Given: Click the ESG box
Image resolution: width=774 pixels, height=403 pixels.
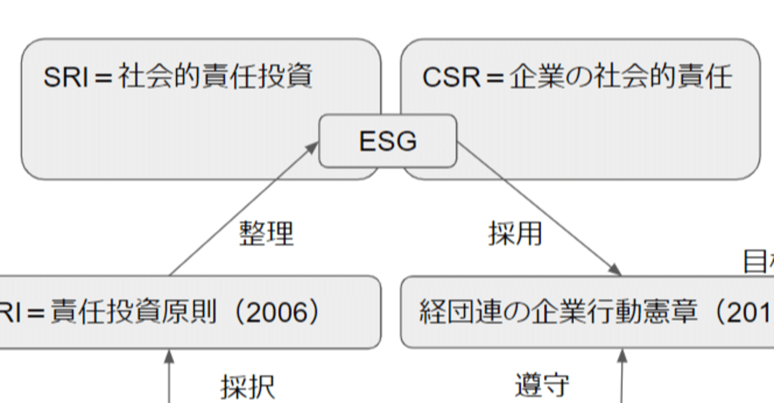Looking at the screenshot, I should click(388, 141).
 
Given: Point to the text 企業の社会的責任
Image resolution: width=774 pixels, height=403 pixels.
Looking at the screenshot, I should click(620, 78).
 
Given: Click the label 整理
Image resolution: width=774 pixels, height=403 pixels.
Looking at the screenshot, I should click(266, 233).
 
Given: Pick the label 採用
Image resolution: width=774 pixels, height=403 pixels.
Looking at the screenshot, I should click(515, 233).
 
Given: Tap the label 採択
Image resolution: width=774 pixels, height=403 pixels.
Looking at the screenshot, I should click(248, 387).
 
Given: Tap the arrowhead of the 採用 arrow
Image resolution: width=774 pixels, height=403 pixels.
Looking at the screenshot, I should click(616, 271).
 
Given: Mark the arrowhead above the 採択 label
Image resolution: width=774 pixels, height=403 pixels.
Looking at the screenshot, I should click(169, 356).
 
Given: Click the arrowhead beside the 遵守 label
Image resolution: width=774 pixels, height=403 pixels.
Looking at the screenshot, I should click(622, 356).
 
